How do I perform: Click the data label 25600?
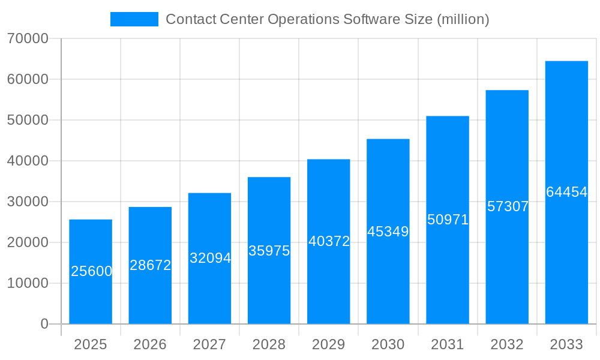coord(92,271)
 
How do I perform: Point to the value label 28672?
coord(151,265)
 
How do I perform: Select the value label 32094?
coord(210,258)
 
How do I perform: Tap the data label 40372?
coord(329,241)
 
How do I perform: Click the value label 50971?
coord(448,220)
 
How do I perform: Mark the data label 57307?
coord(508,206)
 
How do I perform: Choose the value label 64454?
coord(566,192)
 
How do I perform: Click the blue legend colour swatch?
coord(134,19)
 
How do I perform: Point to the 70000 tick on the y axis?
coord(28,38)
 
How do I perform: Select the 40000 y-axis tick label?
coord(28,161)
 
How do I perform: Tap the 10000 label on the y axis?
coord(28,283)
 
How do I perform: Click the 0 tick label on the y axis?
coord(44,324)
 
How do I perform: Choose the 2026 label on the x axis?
coord(150,344)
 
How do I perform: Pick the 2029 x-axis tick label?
coord(329,344)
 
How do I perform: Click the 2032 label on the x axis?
coord(507,344)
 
